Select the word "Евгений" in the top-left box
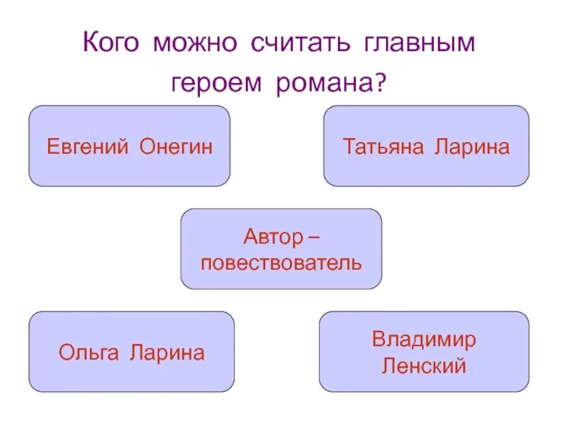(87, 147)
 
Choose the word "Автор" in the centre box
(270, 235)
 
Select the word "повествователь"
(281, 263)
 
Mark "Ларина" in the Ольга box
(167, 353)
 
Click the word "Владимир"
(424, 339)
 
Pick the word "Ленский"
(424, 366)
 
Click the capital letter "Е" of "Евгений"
(52, 147)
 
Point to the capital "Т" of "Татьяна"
(349, 147)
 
